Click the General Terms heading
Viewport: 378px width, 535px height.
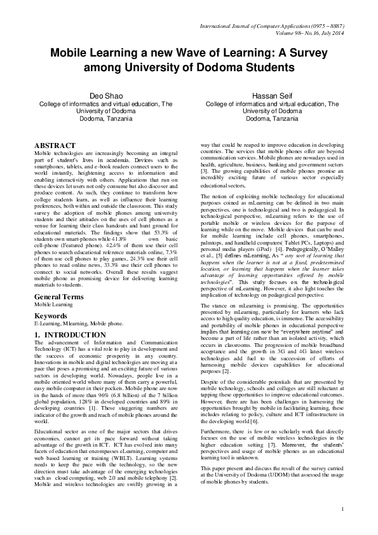[x=61, y=297]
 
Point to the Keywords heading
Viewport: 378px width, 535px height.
[x=51, y=315]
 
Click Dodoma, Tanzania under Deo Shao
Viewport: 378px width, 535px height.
[x=105, y=118]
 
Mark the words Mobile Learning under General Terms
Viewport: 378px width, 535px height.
[x=53, y=304]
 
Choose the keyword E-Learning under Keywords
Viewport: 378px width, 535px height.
[x=48, y=322]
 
